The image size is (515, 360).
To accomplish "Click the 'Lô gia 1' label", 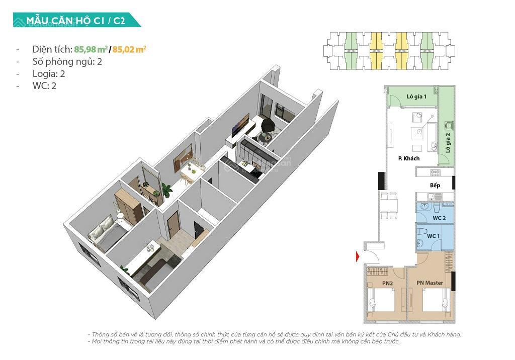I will click(x=416, y=96).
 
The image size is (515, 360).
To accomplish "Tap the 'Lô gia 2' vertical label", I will click(x=447, y=143).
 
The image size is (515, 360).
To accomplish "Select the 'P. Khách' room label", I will click(x=408, y=158).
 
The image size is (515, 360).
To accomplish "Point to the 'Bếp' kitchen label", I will click(x=435, y=185).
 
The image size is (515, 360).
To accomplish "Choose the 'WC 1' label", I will click(x=433, y=236).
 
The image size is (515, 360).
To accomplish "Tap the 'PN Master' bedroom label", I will click(x=430, y=283).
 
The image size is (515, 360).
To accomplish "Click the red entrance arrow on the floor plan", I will click(x=357, y=256).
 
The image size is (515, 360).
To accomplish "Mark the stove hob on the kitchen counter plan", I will click(x=435, y=172).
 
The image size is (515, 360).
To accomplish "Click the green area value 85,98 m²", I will click(x=91, y=49).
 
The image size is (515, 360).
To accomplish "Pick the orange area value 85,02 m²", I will click(x=129, y=49).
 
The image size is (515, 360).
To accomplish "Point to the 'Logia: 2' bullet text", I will click(x=48, y=73).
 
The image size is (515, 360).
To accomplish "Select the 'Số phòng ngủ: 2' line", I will click(x=63, y=61).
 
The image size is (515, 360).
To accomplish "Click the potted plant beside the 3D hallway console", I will click(x=166, y=190).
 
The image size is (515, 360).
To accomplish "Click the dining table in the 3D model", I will click(x=190, y=170).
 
